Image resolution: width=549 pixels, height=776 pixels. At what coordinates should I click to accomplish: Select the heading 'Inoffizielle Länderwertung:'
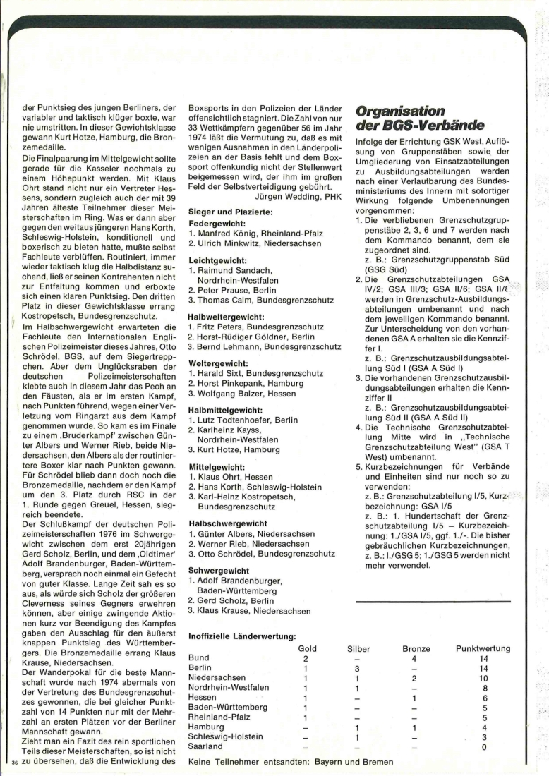242,636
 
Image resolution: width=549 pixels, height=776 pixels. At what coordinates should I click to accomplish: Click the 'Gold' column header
308,648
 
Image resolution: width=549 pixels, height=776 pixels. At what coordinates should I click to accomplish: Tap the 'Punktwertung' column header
483,648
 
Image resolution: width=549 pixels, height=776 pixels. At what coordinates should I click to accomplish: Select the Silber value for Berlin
358,667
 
